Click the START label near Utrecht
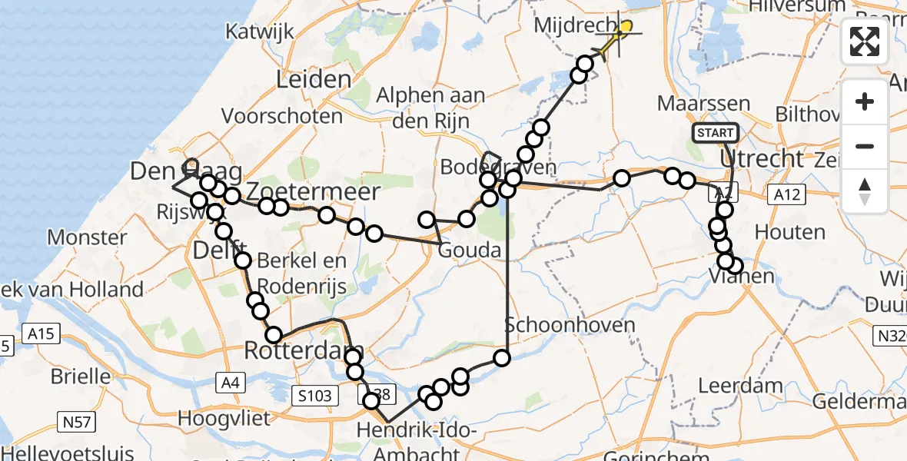click(715, 133)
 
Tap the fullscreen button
click(865, 41)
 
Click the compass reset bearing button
click(865, 191)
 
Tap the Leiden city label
click(314, 80)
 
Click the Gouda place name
click(470, 251)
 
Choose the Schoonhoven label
click(570, 324)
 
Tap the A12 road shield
click(786, 195)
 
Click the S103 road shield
click(315, 396)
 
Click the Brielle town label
click(81, 376)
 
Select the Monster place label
click(87, 237)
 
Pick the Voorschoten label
click(282, 117)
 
